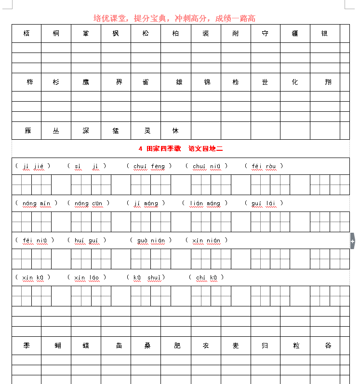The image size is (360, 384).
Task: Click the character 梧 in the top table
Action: click(27, 34)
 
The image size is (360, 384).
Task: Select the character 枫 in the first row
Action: click(116, 34)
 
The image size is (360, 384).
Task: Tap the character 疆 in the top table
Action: click(295, 34)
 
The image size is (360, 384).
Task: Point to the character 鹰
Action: click(86, 82)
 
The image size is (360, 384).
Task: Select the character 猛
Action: click(116, 131)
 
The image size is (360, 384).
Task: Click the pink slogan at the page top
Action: click(174, 19)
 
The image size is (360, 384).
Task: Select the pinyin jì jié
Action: click(33, 166)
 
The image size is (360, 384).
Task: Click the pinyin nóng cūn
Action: click(88, 203)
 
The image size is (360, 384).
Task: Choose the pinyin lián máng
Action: click(205, 203)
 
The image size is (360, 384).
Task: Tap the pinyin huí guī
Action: click(87, 240)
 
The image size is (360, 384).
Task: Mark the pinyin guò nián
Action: click(150, 240)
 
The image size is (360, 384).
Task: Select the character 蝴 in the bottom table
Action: click(56, 346)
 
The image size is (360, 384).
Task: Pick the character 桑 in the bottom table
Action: click(146, 346)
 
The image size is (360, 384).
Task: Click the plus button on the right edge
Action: click(353, 240)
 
